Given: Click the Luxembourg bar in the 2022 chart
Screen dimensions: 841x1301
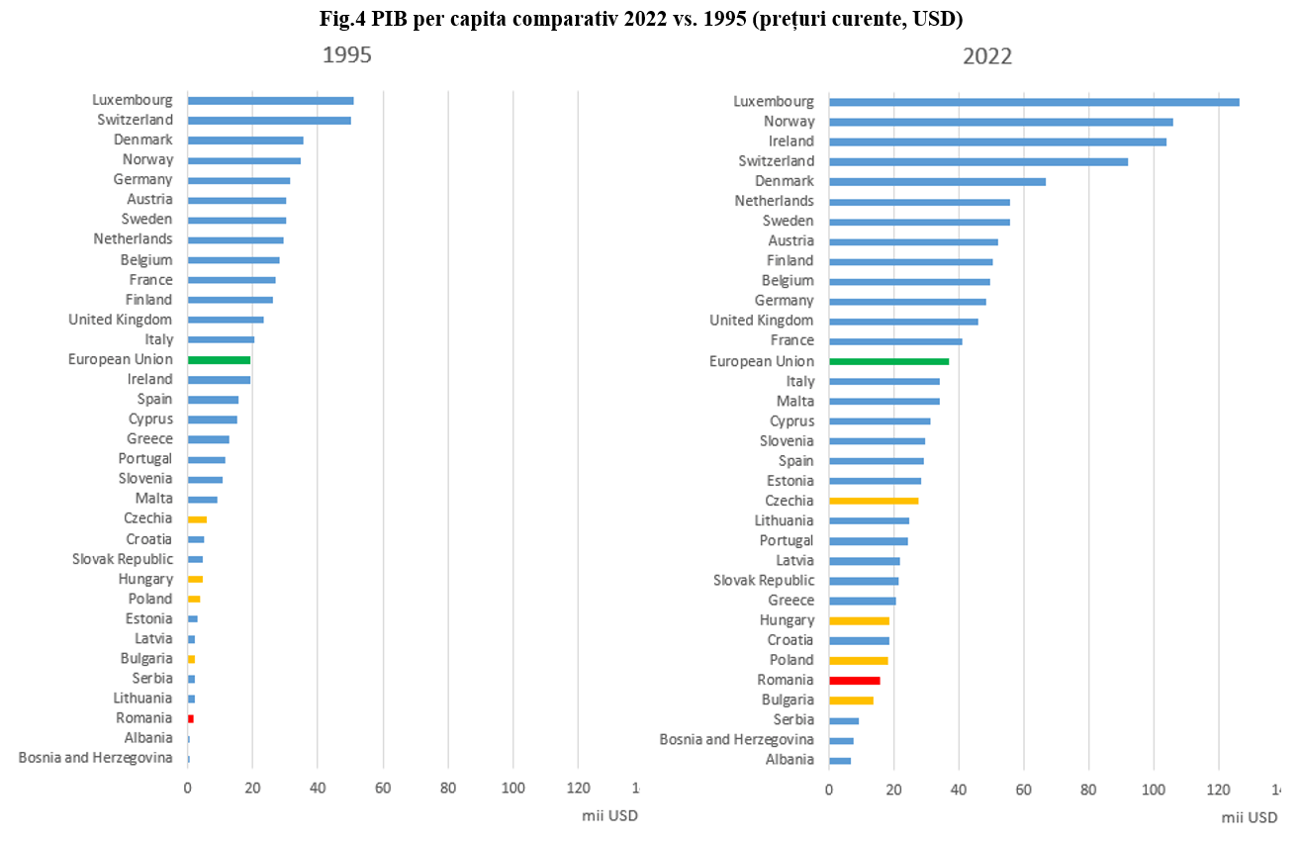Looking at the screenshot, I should [1034, 102].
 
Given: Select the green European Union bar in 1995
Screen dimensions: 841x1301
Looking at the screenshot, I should [219, 360].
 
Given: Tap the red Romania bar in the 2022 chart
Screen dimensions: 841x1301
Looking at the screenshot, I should [854, 681].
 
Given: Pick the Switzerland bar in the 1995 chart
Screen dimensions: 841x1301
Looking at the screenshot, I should [269, 121].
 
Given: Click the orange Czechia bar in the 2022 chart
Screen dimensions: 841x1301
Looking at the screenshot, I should [874, 501].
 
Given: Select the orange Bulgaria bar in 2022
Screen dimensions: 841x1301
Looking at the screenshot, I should [851, 701].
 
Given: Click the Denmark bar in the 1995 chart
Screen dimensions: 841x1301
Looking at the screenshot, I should [245, 140].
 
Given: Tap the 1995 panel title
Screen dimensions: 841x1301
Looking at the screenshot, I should [347, 55].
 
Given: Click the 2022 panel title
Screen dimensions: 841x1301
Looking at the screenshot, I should [987, 56].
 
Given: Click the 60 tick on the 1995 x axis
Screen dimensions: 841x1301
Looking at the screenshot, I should [383, 788].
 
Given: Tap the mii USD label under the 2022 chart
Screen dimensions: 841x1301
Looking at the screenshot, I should [1250, 817].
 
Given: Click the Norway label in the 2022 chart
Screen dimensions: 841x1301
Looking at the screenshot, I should [790, 122].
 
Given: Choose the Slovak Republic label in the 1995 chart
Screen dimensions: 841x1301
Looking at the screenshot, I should [123, 559].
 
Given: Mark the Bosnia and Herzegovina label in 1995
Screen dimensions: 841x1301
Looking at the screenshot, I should [96, 758].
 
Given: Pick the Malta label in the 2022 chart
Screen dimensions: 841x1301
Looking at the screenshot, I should [795, 401].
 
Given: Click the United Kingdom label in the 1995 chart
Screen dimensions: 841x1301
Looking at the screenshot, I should [120, 320].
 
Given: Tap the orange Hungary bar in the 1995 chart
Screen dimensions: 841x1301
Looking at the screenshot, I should [195, 580].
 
